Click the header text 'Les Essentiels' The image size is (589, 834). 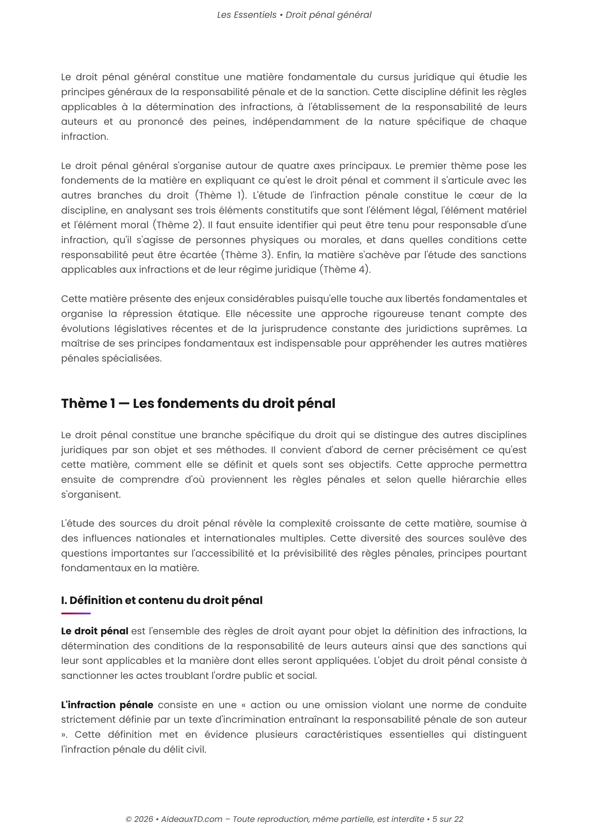coord(247,15)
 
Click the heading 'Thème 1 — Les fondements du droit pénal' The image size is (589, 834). coord(198,404)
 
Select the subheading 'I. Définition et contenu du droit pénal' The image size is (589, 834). coord(162,600)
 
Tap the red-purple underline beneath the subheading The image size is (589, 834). coord(76,614)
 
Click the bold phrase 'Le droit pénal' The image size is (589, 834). coord(94,631)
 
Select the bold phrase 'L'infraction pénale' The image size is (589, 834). coord(107,705)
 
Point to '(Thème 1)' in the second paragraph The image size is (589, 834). coord(221,195)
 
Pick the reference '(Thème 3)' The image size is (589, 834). coord(247,255)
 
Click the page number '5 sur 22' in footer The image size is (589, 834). coord(448,819)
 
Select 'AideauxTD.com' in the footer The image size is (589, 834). coord(192,819)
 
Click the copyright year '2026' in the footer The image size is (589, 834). coord(143,819)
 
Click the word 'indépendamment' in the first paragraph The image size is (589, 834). coord(296,122)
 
